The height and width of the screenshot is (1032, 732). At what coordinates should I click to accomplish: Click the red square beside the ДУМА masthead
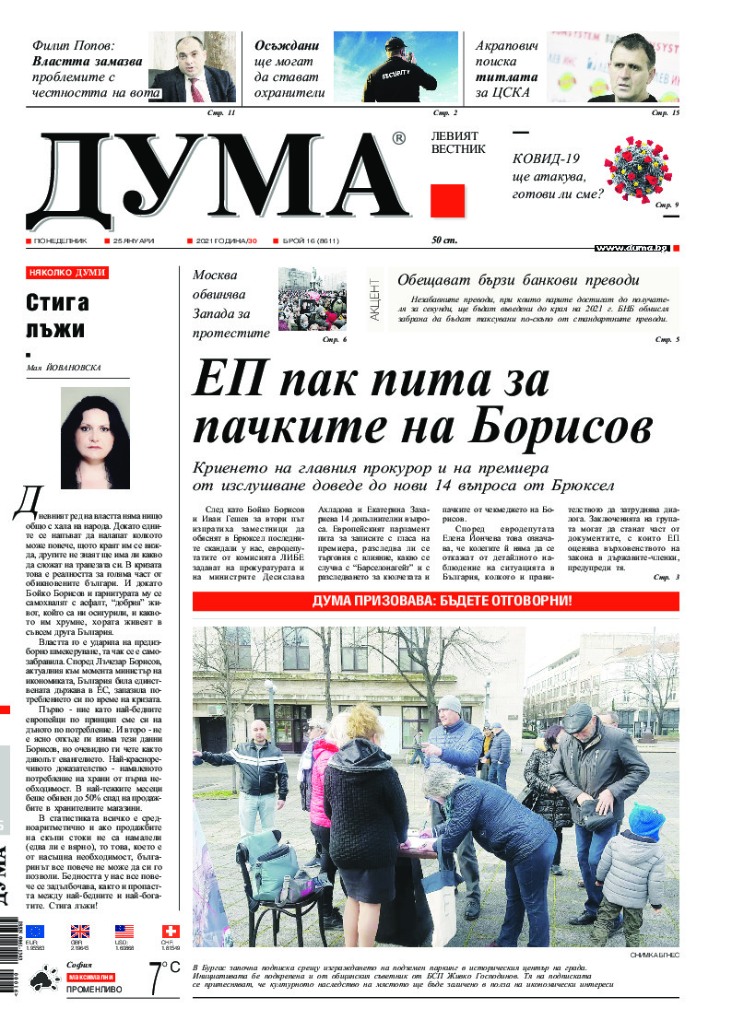(x=447, y=200)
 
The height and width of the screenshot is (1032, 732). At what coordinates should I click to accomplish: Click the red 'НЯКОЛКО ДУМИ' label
(x=67, y=273)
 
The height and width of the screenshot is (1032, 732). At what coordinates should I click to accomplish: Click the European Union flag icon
(x=35, y=932)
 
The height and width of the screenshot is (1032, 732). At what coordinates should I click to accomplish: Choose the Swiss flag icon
(x=171, y=932)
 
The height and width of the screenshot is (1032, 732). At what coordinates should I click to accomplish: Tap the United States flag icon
(x=124, y=932)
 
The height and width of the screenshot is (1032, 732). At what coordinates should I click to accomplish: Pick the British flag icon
(x=80, y=932)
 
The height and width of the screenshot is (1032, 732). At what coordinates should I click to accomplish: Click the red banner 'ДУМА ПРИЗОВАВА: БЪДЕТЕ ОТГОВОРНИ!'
(x=436, y=601)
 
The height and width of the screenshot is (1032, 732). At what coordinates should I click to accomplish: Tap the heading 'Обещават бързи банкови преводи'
(x=517, y=281)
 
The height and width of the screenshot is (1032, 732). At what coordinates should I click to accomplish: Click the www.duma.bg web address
(x=632, y=248)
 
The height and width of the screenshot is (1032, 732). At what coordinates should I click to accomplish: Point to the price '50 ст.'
(x=443, y=240)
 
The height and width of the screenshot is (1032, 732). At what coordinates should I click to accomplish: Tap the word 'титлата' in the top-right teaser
(x=506, y=78)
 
